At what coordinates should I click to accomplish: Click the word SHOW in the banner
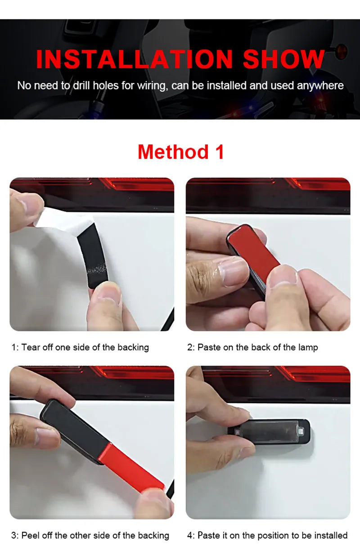click(x=283, y=59)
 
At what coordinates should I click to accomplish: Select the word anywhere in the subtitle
click(x=320, y=85)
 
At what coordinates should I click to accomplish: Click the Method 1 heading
click(x=180, y=152)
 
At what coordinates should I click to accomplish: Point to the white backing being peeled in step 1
click(x=67, y=220)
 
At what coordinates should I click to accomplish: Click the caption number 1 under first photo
click(x=13, y=347)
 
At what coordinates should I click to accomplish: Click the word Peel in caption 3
click(x=30, y=535)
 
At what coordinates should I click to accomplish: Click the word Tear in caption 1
click(x=30, y=347)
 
